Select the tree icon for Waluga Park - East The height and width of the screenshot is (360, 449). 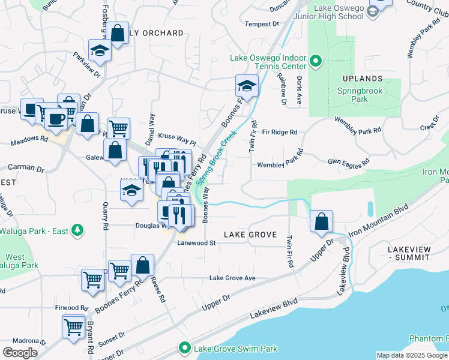[77, 230]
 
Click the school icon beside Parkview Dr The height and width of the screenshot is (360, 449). [100, 50]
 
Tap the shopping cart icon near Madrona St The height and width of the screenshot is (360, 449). [73, 327]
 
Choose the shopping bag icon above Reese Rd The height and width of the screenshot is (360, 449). [142, 264]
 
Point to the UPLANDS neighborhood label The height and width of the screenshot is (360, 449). [363, 79]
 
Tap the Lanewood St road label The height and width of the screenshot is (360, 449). [196, 243]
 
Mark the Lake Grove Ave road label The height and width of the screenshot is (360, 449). [232, 278]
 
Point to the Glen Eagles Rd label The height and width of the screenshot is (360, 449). [348, 162]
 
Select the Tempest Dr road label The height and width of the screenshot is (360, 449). [263, 24]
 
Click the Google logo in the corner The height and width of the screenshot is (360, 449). [20, 352]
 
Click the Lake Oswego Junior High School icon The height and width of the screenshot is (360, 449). [372, 11]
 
